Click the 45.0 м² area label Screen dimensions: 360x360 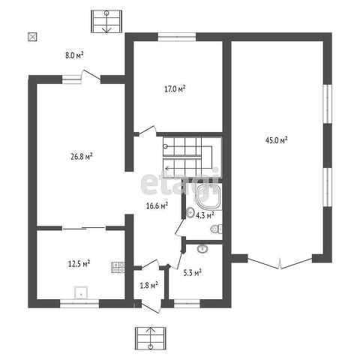pyautogui.click(x=276, y=140)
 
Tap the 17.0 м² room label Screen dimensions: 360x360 pyautogui.click(x=175, y=88)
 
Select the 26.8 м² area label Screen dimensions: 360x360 pyautogui.click(x=82, y=157)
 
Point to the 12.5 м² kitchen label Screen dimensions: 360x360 pyautogui.click(x=79, y=263)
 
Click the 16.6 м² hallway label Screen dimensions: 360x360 pyautogui.click(x=157, y=205)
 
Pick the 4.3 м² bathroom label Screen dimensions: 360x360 pyautogui.click(x=205, y=215)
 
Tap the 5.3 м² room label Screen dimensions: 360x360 pyautogui.click(x=193, y=273)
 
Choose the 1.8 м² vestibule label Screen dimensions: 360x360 pyautogui.click(x=148, y=285)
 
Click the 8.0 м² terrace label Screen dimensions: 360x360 pyautogui.click(x=74, y=55)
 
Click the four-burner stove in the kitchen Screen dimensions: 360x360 pyautogui.click(x=118, y=267)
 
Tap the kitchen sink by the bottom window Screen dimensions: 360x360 pyautogui.click(x=81, y=292)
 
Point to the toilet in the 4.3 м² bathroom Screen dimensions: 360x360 pyautogui.click(x=217, y=229)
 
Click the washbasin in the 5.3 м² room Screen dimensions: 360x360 pyautogui.click(x=202, y=249)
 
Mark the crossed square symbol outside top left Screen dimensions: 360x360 pyautogui.click(x=32, y=37)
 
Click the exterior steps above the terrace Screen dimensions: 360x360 pyautogui.click(x=106, y=22)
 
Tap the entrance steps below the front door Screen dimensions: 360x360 pyautogui.click(x=151, y=338)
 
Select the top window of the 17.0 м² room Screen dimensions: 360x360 pyautogui.click(x=177, y=37)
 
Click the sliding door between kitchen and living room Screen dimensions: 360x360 pyautogui.click(x=84, y=228)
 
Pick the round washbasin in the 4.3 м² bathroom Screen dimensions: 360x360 pyautogui.click(x=190, y=213)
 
